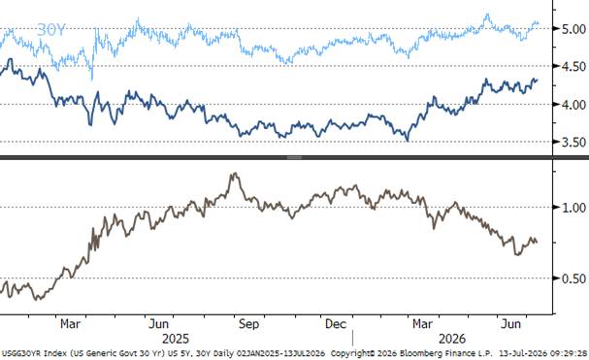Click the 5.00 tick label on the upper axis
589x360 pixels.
coord(573,29)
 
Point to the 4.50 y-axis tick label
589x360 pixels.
coord(573,67)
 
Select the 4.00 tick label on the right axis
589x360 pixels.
coord(573,105)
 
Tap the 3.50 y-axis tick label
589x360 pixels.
coord(573,142)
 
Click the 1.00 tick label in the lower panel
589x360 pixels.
coord(573,208)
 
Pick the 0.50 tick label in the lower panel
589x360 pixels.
coord(573,278)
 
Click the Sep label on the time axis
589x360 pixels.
coord(248,324)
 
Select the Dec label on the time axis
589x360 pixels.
coord(336,324)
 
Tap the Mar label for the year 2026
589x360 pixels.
coord(423,324)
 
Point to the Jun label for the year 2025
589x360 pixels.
coord(158,324)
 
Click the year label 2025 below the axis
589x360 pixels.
coord(176,339)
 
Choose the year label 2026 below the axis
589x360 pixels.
coord(452,339)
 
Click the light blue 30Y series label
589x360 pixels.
coord(51,30)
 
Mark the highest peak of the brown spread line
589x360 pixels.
coord(235,174)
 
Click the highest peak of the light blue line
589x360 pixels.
coord(487,15)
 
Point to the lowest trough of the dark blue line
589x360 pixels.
coord(408,141)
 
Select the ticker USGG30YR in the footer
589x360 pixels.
coord(21,353)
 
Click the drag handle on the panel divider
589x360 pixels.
coord(295,157)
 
